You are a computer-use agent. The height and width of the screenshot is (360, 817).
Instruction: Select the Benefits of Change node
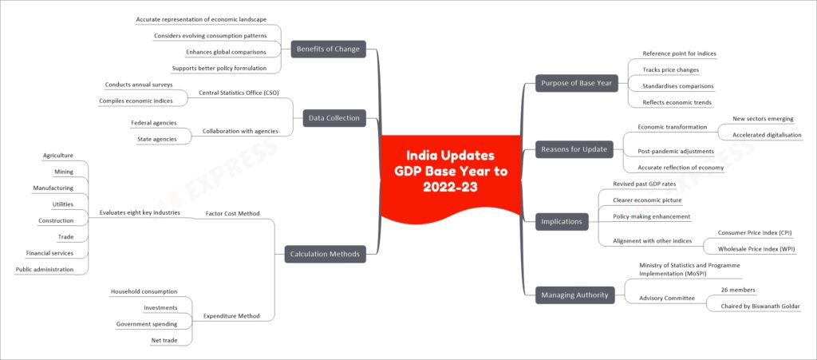pyautogui.click(x=328, y=49)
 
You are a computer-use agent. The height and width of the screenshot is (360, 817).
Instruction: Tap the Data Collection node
pyautogui.click(x=334, y=118)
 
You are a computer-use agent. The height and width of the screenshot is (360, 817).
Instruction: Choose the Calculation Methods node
pyautogui.click(x=326, y=255)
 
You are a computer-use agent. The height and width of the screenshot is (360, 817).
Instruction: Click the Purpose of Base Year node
pyautogui.click(x=577, y=83)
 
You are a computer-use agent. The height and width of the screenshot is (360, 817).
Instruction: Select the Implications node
pyautogui.click(x=562, y=221)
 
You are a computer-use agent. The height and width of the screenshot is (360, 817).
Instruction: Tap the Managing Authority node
pyautogui.click(x=574, y=295)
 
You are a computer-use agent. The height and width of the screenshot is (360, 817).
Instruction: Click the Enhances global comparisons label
pyautogui.click(x=226, y=52)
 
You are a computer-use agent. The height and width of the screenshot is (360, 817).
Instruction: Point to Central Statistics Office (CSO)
pyautogui.click(x=239, y=93)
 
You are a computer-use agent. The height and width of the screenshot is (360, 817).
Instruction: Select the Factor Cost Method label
pyautogui.click(x=233, y=214)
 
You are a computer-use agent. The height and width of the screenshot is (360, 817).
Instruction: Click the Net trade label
pyautogui.click(x=164, y=340)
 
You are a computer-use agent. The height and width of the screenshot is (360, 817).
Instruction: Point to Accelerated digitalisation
pyautogui.click(x=767, y=134)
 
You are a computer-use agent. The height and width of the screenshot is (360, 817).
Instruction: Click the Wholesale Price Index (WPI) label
pyautogui.click(x=756, y=248)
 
